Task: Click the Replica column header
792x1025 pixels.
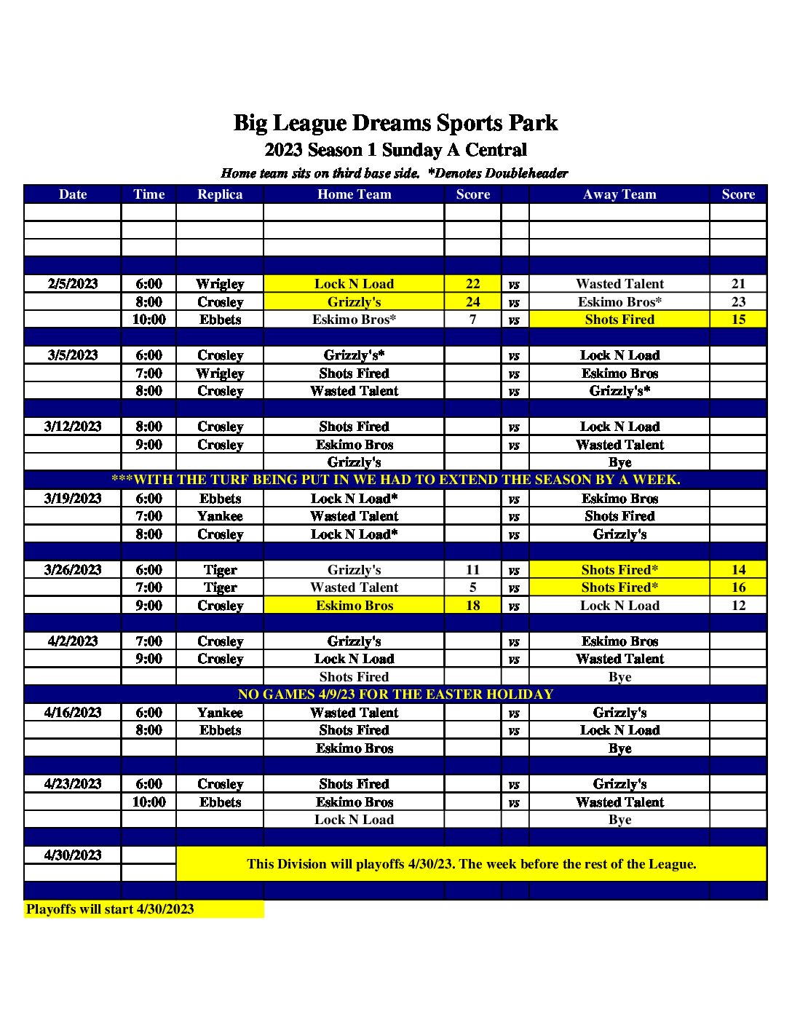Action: click(220, 194)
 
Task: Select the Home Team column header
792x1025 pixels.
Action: click(354, 194)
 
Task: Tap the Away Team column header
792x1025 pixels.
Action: click(619, 194)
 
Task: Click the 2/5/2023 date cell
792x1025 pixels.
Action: click(73, 284)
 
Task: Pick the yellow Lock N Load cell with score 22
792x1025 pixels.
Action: click(354, 284)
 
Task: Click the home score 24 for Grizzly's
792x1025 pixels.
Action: click(473, 301)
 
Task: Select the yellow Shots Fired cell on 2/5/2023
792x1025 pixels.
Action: click(619, 319)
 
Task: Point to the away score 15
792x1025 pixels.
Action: click(738, 319)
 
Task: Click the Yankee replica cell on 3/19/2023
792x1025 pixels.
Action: click(220, 516)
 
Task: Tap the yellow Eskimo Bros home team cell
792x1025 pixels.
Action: click(354, 605)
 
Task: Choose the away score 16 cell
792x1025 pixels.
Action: click(738, 587)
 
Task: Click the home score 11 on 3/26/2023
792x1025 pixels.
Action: click(473, 570)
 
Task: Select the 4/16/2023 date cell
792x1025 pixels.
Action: click(73, 713)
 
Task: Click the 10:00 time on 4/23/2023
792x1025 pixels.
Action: click(148, 802)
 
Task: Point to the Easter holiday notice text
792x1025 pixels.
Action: click(395, 694)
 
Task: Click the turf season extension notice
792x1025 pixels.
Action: click(395, 480)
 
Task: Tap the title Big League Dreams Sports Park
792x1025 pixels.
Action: click(395, 122)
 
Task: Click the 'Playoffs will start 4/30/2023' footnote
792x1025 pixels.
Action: click(111, 909)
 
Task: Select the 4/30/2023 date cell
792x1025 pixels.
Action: click(73, 855)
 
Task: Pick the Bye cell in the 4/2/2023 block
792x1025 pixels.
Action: click(619, 677)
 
